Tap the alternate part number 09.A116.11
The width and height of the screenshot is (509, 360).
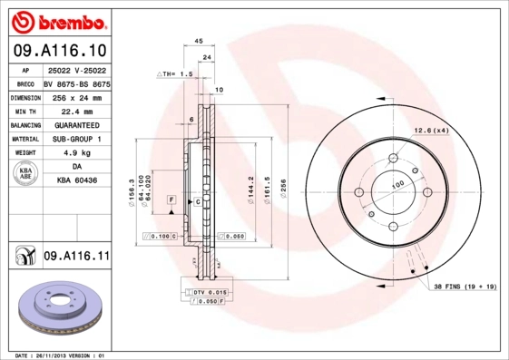[75, 257]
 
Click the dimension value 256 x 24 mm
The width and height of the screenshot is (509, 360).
[76, 97]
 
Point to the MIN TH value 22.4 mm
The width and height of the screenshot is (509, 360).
[76, 111]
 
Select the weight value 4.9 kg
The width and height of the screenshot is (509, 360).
[76, 153]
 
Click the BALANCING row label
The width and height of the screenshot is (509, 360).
[25, 125]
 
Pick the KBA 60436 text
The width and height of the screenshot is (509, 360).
[76, 180]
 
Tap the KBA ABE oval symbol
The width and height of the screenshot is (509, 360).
[25, 174]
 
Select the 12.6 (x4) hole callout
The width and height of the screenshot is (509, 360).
[431, 131]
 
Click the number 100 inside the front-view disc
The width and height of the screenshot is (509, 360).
[396, 184]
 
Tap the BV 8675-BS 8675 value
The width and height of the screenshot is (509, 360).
[76, 83]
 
